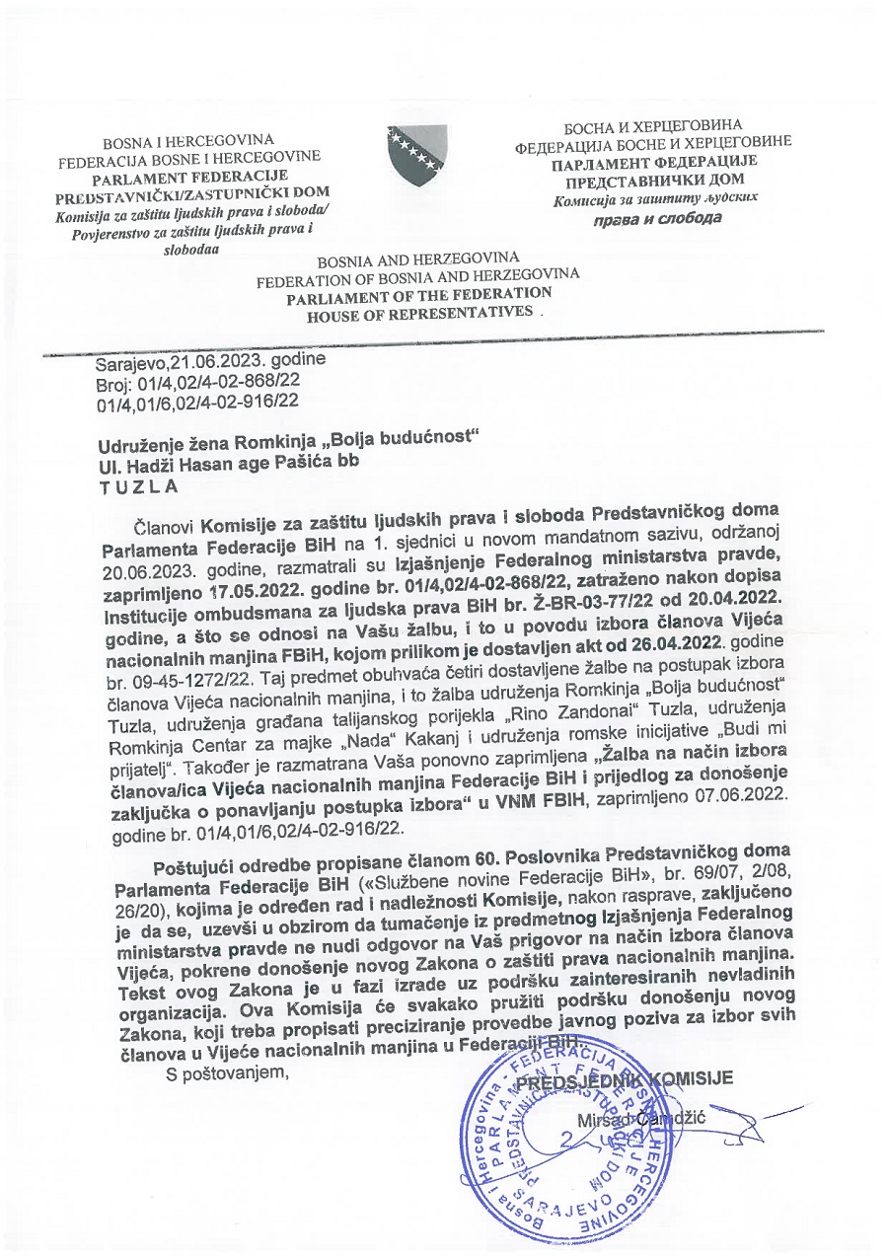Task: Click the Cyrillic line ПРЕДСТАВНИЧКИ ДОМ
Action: point(654,180)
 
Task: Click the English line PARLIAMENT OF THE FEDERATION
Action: point(419,295)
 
